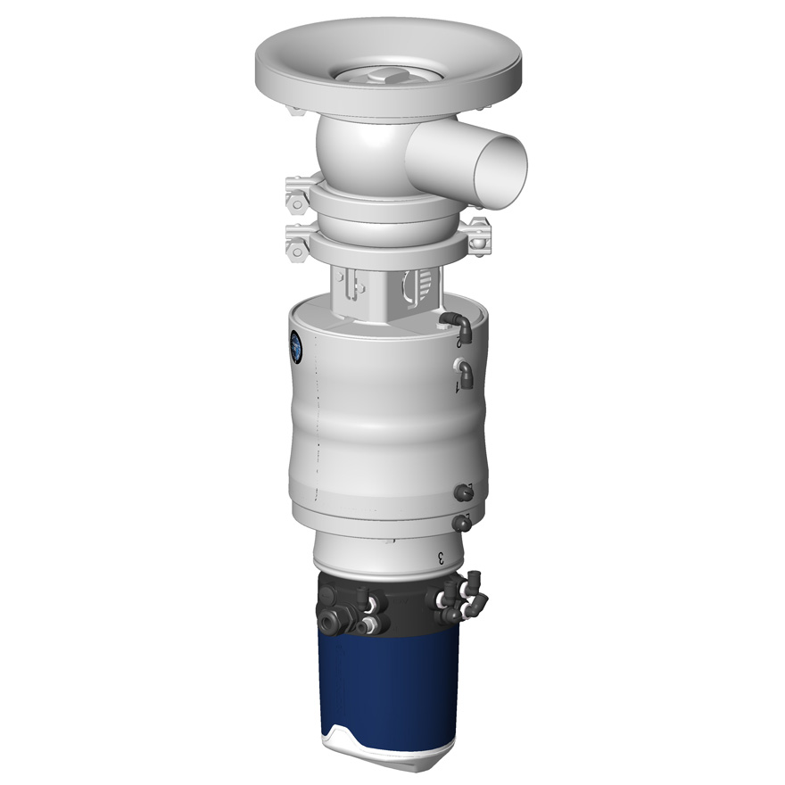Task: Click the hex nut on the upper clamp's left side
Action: pyautogui.click(x=293, y=195)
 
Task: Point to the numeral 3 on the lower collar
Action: pyautogui.click(x=441, y=557)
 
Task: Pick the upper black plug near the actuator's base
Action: pyautogui.click(x=462, y=492)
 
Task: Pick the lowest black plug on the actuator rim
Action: pyautogui.click(x=461, y=523)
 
